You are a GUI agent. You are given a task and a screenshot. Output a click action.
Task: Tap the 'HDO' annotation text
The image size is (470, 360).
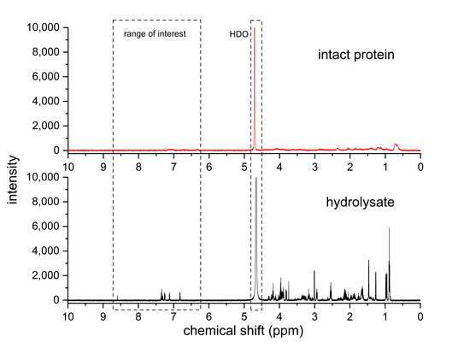coord(238,35)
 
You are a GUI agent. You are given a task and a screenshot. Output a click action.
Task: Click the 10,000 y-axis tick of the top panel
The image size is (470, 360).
coord(43,28)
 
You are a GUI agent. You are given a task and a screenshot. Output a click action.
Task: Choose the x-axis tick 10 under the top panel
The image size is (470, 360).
coord(68,165)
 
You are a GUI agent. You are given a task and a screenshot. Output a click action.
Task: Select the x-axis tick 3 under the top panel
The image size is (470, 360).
coord(314,165)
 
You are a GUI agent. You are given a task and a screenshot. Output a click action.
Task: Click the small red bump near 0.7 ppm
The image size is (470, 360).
coord(396,145)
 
